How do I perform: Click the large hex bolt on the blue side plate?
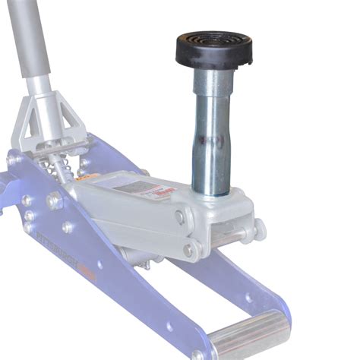pyautogui.click(x=54, y=201)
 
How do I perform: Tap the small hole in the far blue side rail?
pyautogui.click(x=247, y=298)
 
